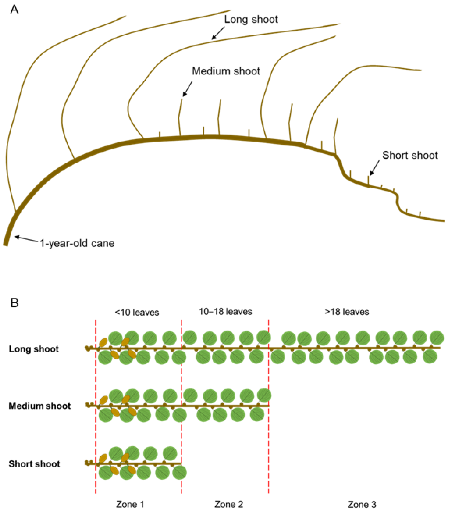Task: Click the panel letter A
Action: pyautogui.click(x=14, y=10)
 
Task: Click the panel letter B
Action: pyautogui.click(x=14, y=303)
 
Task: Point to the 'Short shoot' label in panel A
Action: pyautogui.click(x=410, y=155)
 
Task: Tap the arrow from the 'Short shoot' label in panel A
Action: pyautogui.click(x=375, y=168)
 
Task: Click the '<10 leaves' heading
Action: pyautogui.click(x=137, y=312)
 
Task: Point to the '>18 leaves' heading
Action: pyautogui.click(x=347, y=312)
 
